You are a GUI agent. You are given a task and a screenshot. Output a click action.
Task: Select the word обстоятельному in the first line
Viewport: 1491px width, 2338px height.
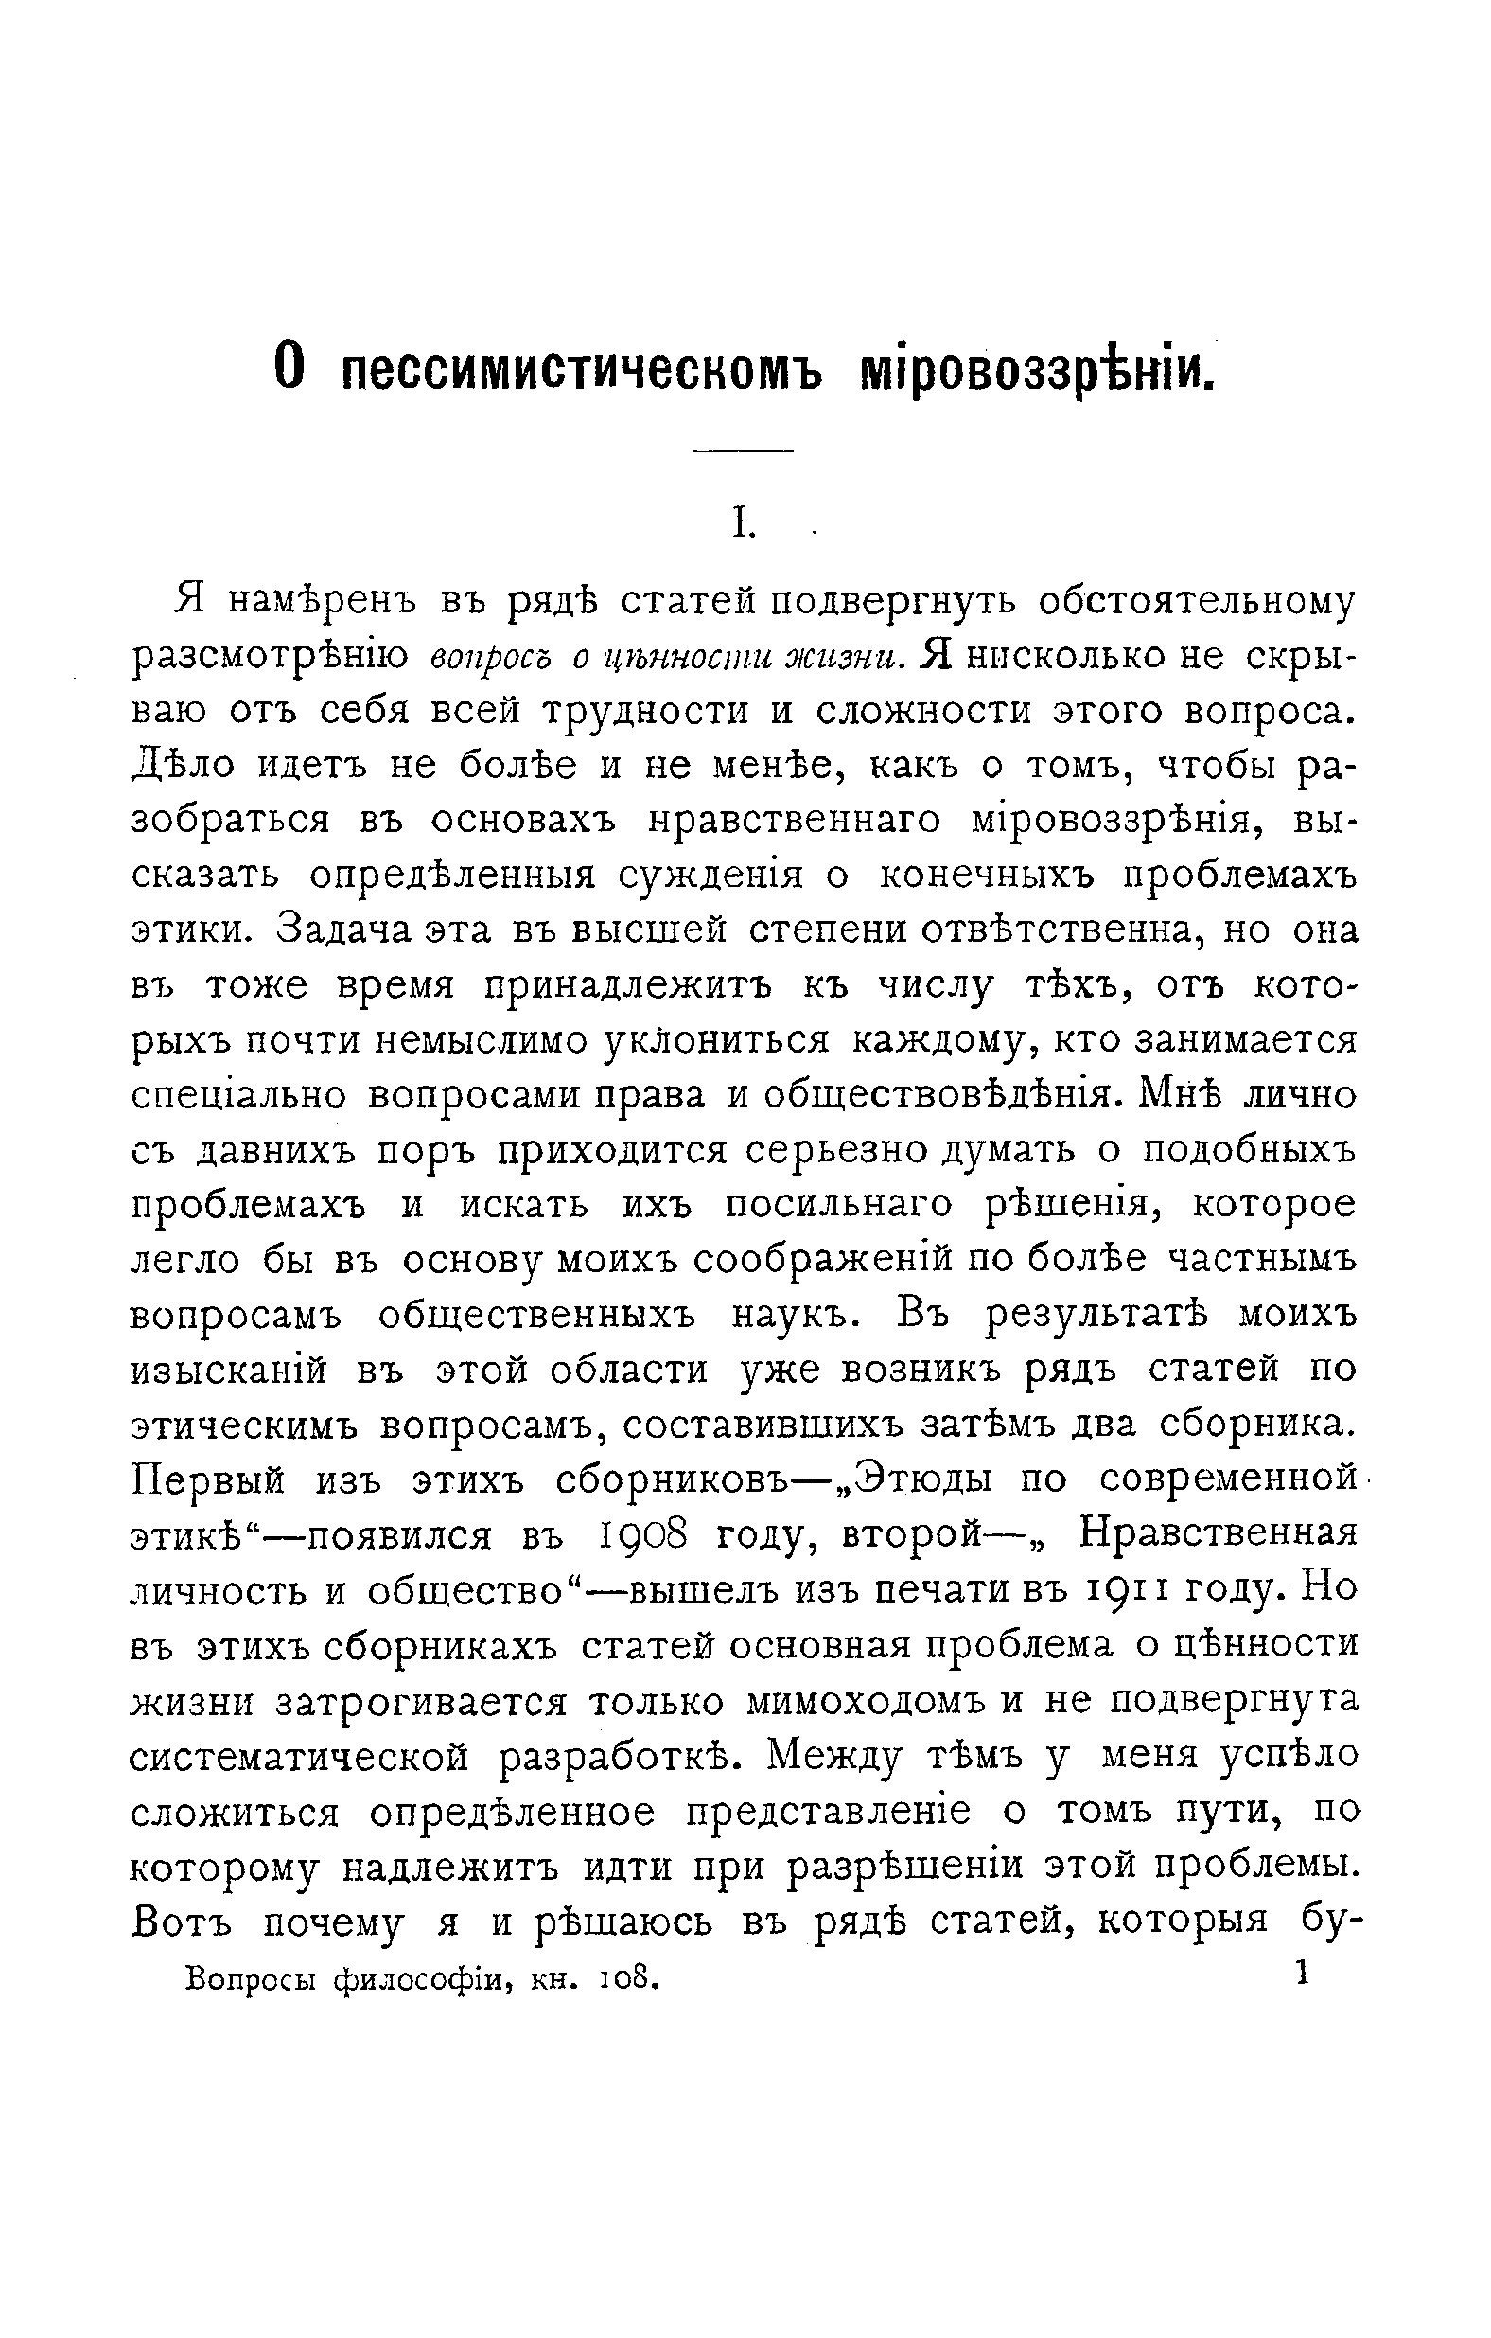[1196, 602]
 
